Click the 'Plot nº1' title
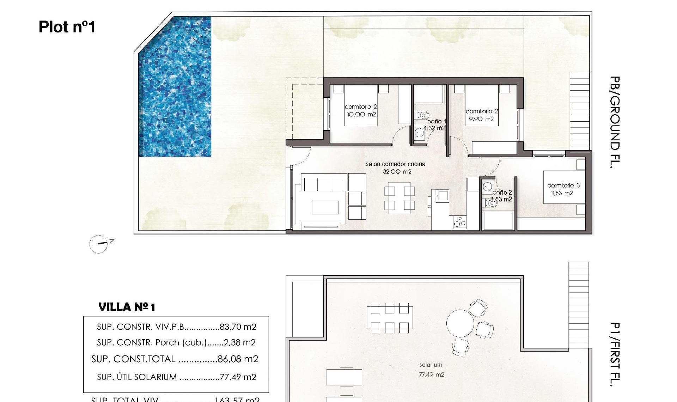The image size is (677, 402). [x=67, y=27]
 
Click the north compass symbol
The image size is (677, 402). [x=99, y=244]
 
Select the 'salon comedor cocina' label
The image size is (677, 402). [x=395, y=164]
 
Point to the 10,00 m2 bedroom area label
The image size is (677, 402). [x=361, y=115]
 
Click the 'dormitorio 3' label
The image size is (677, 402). [x=563, y=185]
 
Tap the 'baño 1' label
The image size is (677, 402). [x=437, y=121]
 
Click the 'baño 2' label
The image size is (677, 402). [x=502, y=192]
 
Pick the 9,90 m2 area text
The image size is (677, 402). [x=481, y=119]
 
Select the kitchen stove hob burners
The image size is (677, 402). [x=460, y=223]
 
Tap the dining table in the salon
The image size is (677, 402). [x=399, y=197]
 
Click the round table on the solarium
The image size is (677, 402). [x=460, y=323]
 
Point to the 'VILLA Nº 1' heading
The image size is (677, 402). [x=127, y=307]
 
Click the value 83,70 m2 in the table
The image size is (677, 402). [x=238, y=327]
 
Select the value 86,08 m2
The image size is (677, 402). [x=238, y=359]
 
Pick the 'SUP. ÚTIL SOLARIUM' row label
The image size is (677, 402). [x=137, y=377]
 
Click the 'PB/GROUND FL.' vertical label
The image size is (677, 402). [x=614, y=122]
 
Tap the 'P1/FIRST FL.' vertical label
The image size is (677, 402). [x=614, y=354]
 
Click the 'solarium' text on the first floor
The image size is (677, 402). [x=430, y=365]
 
